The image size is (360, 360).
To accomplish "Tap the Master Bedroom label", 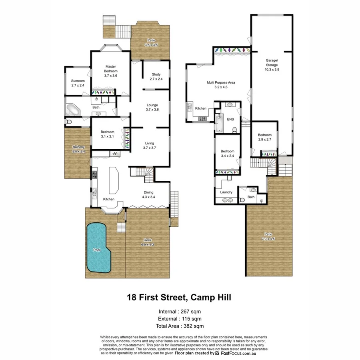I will [111, 71].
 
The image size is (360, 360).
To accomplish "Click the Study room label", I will [156, 76].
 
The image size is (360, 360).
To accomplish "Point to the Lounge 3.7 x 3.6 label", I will [152, 107].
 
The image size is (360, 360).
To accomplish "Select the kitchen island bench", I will [114, 181].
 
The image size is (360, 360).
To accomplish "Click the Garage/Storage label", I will [272, 67].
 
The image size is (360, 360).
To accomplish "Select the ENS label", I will [230, 119].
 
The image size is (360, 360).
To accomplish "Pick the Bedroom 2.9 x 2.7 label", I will [264, 137].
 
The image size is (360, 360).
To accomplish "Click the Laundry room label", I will [226, 192].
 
